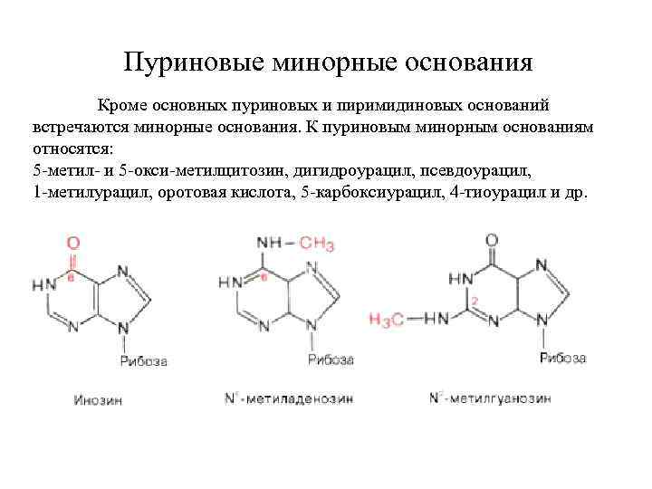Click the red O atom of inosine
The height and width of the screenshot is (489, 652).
[x=72, y=243]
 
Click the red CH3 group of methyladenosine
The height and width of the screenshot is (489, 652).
[x=316, y=244]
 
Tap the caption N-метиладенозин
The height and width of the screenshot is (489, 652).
[x=288, y=398]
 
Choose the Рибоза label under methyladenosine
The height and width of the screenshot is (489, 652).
[x=331, y=360]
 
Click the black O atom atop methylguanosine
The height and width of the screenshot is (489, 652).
[x=491, y=241]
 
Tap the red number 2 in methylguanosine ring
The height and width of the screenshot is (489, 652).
[x=473, y=300]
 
